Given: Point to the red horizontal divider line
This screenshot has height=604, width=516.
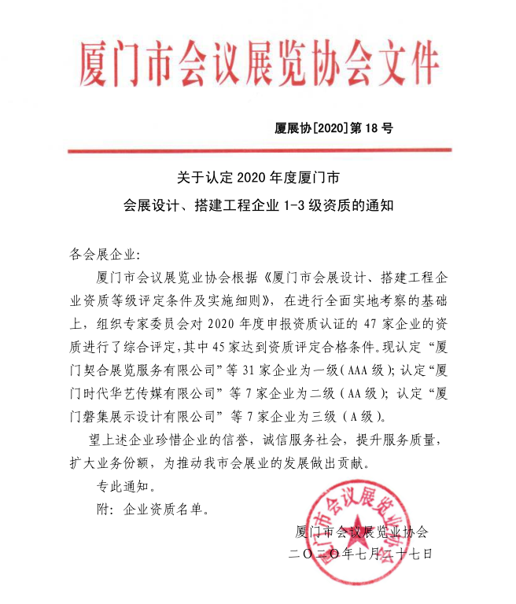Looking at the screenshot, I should click(259, 149).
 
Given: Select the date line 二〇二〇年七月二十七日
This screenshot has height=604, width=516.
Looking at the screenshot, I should click(361, 554).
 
